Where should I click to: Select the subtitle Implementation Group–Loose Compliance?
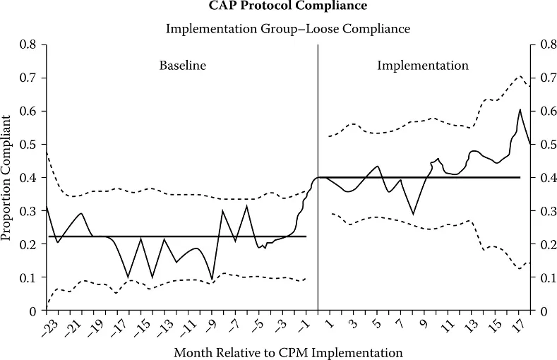tap(287, 29)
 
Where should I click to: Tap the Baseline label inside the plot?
tap(182, 66)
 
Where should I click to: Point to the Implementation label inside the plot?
tap(422, 66)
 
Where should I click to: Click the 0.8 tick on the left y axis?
tap(28, 44)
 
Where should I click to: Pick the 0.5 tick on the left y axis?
tap(28, 144)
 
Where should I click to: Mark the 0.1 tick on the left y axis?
tap(28, 277)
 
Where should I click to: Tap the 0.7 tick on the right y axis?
tap(541, 78)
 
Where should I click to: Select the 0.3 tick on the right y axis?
tap(541, 211)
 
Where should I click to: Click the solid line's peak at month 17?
tap(520, 109)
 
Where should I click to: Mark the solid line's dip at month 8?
tap(413, 214)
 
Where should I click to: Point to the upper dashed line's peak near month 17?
tap(519, 76)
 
